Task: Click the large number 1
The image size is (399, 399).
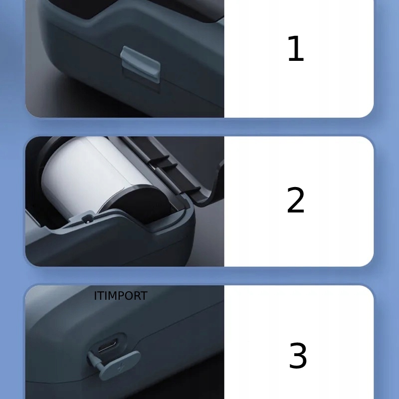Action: pyautogui.click(x=295, y=49)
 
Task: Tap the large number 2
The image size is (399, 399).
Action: pyautogui.click(x=295, y=200)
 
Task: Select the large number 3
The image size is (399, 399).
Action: pyautogui.click(x=298, y=356)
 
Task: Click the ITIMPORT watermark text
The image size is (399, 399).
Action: pyautogui.click(x=121, y=296)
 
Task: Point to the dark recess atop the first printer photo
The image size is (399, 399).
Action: pyautogui.click(x=150, y=10)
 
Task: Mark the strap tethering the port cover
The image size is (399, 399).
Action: pyautogui.click(x=95, y=358)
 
